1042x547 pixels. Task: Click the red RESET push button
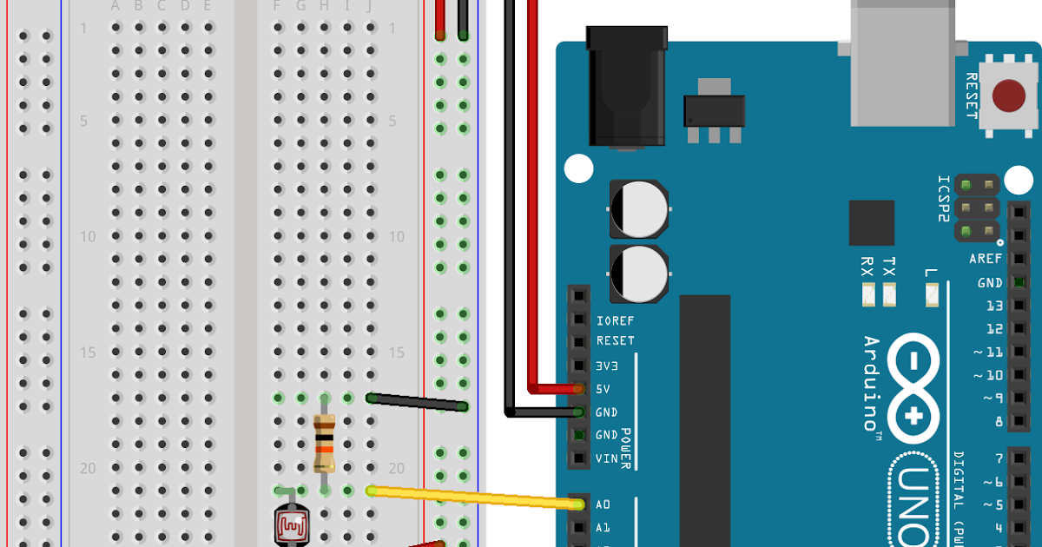pos(1008,96)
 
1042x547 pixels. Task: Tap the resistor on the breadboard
pos(323,444)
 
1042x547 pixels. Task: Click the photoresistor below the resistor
pos(290,524)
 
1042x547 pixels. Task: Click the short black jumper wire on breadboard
pos(417,402)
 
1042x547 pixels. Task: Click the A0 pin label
pos(603,504)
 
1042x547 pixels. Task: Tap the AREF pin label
pos(986,259)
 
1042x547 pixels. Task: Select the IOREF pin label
pos(616,320)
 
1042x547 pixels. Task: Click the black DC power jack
pos(626,87)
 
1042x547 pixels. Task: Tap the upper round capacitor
pos(639,209)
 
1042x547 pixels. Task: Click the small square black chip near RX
pos(871,223)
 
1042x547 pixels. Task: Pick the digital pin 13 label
pos(994,306)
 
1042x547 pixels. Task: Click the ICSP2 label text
pos(943,199)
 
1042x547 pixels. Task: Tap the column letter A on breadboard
pos(115,6)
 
